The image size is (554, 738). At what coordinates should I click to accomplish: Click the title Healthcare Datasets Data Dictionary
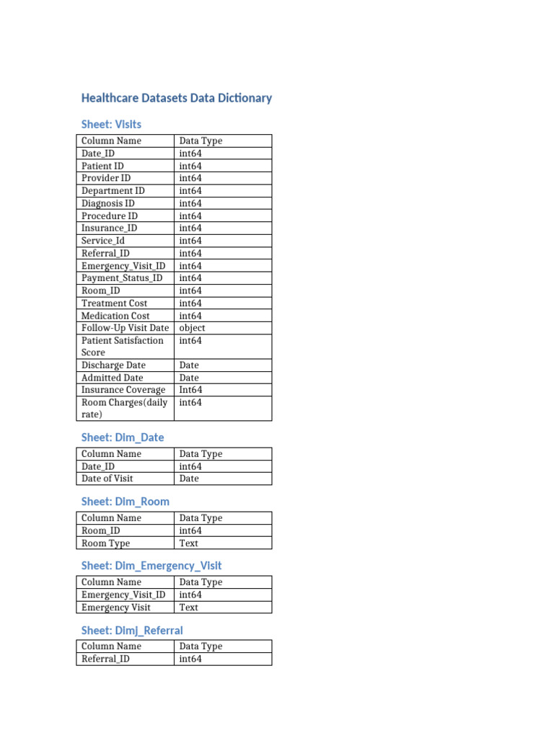(177, 98)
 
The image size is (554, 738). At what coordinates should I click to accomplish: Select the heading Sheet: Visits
(111, 124)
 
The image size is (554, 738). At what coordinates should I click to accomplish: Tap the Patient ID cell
(102, 166)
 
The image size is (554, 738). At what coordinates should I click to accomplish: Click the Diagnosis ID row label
(108, 203)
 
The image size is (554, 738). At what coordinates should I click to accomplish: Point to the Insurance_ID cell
(109, 228)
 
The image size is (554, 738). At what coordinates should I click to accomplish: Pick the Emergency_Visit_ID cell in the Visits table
(123, 266)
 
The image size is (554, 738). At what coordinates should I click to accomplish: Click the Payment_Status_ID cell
(122, 278)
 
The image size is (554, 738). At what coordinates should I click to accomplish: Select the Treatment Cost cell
(115, 303)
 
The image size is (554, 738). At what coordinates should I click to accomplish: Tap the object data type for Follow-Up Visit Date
(192, 328)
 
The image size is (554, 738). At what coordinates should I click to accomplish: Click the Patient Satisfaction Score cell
(122, 347)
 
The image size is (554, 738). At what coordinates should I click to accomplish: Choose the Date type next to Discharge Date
(189, 365)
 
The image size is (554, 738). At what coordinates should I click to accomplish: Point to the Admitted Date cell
(112, 378)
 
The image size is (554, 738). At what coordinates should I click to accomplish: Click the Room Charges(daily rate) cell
(124, 409)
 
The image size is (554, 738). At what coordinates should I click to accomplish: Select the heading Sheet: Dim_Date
(123, 437)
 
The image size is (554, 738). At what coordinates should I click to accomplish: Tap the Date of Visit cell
(107, 479)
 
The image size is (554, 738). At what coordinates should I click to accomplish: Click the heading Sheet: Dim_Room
(126, 502)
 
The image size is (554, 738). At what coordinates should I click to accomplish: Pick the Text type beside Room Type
(188, 543)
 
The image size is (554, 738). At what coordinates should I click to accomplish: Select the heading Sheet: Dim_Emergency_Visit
(151, 566)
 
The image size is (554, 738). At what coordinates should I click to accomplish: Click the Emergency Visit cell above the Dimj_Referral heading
(116, 608)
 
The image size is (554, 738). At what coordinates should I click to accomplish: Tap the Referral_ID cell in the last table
(105, 659)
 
